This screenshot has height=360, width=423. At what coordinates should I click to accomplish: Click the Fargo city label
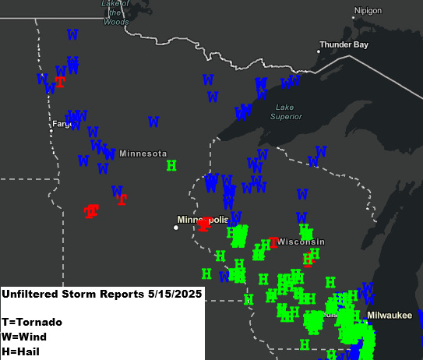[x=62, y=124]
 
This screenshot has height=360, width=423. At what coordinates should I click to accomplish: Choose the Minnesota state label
[x=143, y=154]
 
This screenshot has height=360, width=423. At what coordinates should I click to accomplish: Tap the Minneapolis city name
[x=202, y=220]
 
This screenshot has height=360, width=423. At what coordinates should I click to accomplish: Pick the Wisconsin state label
[x=301, y=242]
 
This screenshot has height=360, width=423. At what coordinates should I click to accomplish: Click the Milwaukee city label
[x=390, y=315]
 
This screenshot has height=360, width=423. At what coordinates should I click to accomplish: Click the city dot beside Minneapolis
[x=176, y=228]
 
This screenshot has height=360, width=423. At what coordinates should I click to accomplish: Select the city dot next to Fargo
[x=51, y=131]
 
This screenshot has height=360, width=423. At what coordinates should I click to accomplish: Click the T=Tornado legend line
[x=31, y=321]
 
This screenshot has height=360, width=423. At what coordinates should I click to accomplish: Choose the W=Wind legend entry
[x=23, y=337]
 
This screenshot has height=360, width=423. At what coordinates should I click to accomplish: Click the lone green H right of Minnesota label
[x=171, y=165]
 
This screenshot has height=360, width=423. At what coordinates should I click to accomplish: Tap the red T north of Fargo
[x=60, y=82]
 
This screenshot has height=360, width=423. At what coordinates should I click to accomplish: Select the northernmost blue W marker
[x=72, y=34]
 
